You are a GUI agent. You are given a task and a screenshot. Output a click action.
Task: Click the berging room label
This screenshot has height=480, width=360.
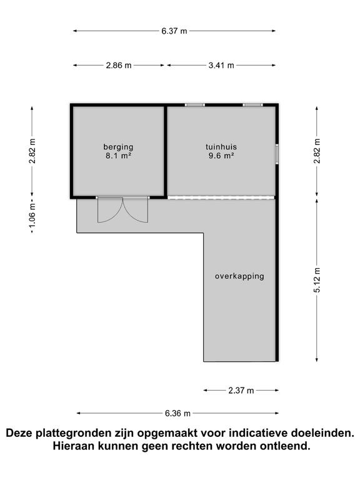click(x=118, y=147)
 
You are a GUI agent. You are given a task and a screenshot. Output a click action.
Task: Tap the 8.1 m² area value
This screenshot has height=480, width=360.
click(x=118, y=156)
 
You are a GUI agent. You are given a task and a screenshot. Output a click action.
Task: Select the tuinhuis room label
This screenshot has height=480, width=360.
click(x=221, y=147)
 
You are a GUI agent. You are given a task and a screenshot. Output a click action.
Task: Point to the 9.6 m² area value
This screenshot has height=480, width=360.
click(x=221, y=156)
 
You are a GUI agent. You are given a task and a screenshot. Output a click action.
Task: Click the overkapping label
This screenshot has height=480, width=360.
click(x=239, y=276)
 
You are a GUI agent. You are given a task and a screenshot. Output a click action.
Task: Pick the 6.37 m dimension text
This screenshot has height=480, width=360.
click(x=174, y=31)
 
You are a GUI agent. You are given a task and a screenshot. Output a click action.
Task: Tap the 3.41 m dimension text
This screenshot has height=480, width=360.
click(x=221, y=65)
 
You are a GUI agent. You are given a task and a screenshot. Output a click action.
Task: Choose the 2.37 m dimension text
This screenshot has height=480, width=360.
click(x=241, y=391)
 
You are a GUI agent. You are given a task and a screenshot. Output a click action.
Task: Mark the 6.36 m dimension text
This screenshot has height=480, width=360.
click(x=177, y=413)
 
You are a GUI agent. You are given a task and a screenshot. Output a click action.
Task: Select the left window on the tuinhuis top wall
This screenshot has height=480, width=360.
click(x=194, y=105)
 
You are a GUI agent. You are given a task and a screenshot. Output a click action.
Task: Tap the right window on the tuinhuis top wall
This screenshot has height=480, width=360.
click(x=252, y=105)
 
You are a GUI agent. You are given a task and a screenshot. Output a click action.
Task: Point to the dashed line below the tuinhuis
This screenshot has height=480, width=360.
click(x=221, y=198)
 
